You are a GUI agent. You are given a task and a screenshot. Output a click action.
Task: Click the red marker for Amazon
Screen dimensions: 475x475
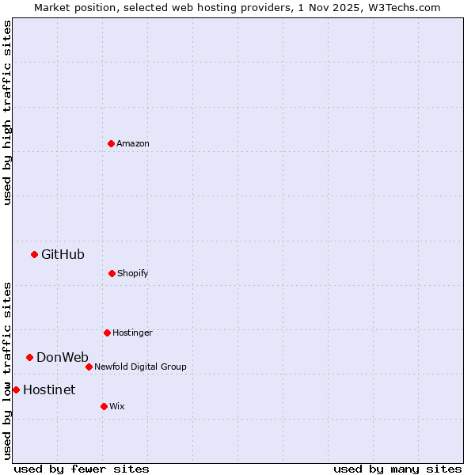(x=111, y=143)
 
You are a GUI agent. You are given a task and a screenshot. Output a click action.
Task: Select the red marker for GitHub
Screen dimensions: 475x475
(x=34, y=254)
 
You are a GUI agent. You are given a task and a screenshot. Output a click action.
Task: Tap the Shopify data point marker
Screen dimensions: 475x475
(x=112, y=273)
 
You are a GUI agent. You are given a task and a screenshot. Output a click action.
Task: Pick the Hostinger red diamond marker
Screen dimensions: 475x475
(x=107, y=332)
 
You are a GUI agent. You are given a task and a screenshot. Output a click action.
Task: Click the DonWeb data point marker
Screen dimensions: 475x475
(x=29, y=357)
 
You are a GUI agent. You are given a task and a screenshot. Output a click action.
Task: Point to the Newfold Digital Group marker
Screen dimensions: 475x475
(x=89, y=367)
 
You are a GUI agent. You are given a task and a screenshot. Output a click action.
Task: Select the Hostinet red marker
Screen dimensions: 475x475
(x=16, y=389)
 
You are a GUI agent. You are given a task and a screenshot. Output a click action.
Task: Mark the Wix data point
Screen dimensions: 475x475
(x=104, y=406)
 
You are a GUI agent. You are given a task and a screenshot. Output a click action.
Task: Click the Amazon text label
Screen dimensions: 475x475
(x=133, y=143)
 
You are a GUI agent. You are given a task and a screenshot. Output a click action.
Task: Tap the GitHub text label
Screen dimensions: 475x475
(x=63, y=254)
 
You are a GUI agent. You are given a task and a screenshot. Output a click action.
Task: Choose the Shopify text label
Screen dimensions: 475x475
(x=133, y=273)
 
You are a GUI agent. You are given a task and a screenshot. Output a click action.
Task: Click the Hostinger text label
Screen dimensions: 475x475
(x=132, y=332)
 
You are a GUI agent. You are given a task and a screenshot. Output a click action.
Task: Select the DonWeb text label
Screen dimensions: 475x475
(x=63, y=357)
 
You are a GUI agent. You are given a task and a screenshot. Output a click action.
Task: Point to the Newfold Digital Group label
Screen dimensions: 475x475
(x=140, y=367)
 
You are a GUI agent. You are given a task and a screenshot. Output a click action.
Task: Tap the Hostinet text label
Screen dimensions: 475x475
(x=49, y=389)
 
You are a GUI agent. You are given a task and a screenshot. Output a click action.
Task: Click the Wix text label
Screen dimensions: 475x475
(x=117, y=406)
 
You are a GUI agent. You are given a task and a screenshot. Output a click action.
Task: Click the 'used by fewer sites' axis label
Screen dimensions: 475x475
(x=82, y=469)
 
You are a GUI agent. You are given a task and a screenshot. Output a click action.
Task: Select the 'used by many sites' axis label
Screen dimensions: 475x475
(x=397, y=469)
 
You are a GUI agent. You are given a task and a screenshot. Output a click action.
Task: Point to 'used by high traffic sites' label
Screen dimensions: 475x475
(x=7, y=112)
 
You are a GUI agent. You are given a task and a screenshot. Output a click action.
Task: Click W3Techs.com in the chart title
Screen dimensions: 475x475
(x=403, y=7)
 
